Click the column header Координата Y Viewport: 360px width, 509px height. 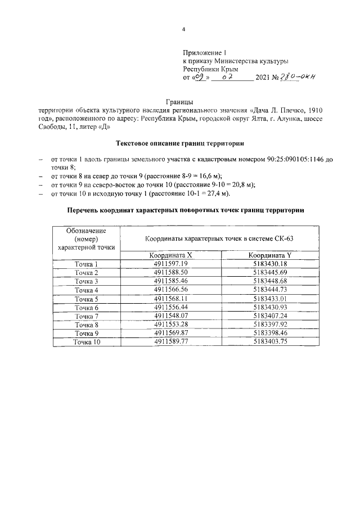(x=270, y=255)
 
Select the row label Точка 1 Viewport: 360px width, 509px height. (x=87, y=264)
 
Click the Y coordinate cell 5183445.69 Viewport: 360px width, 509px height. (x=270, y=272)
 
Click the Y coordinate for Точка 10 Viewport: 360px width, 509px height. (x=270, y=341)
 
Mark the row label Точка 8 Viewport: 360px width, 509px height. (x=87, y=325)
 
